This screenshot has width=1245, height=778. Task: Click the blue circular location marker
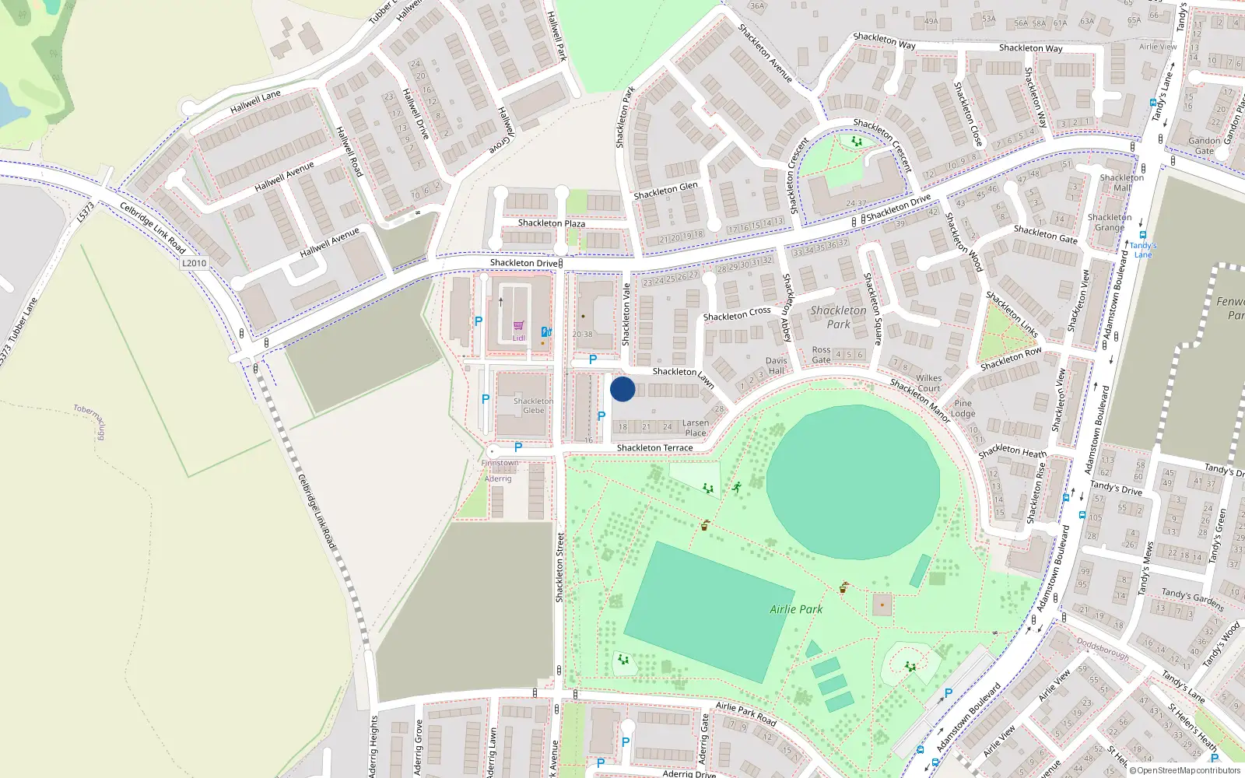622,389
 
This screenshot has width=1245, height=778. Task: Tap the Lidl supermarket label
519,338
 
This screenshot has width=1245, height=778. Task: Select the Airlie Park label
796,609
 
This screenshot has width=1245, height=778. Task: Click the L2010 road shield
195,263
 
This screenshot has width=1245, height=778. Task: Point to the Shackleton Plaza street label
552,223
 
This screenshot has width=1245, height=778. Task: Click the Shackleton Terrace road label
654,448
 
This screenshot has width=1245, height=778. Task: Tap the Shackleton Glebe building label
534,406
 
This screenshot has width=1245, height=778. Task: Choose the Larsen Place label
696,428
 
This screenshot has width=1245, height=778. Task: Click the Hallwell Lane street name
255,102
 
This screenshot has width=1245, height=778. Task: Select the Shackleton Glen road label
665,191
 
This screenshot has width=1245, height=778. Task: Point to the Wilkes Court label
928,383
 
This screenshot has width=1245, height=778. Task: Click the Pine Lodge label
963,408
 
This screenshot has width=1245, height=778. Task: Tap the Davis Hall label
776,366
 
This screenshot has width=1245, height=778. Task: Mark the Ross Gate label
821,355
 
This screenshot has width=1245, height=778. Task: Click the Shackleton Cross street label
737,314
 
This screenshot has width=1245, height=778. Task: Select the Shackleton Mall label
1121,183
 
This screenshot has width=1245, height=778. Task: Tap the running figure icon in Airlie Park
736,488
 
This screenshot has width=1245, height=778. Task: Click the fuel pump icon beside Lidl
546,331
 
